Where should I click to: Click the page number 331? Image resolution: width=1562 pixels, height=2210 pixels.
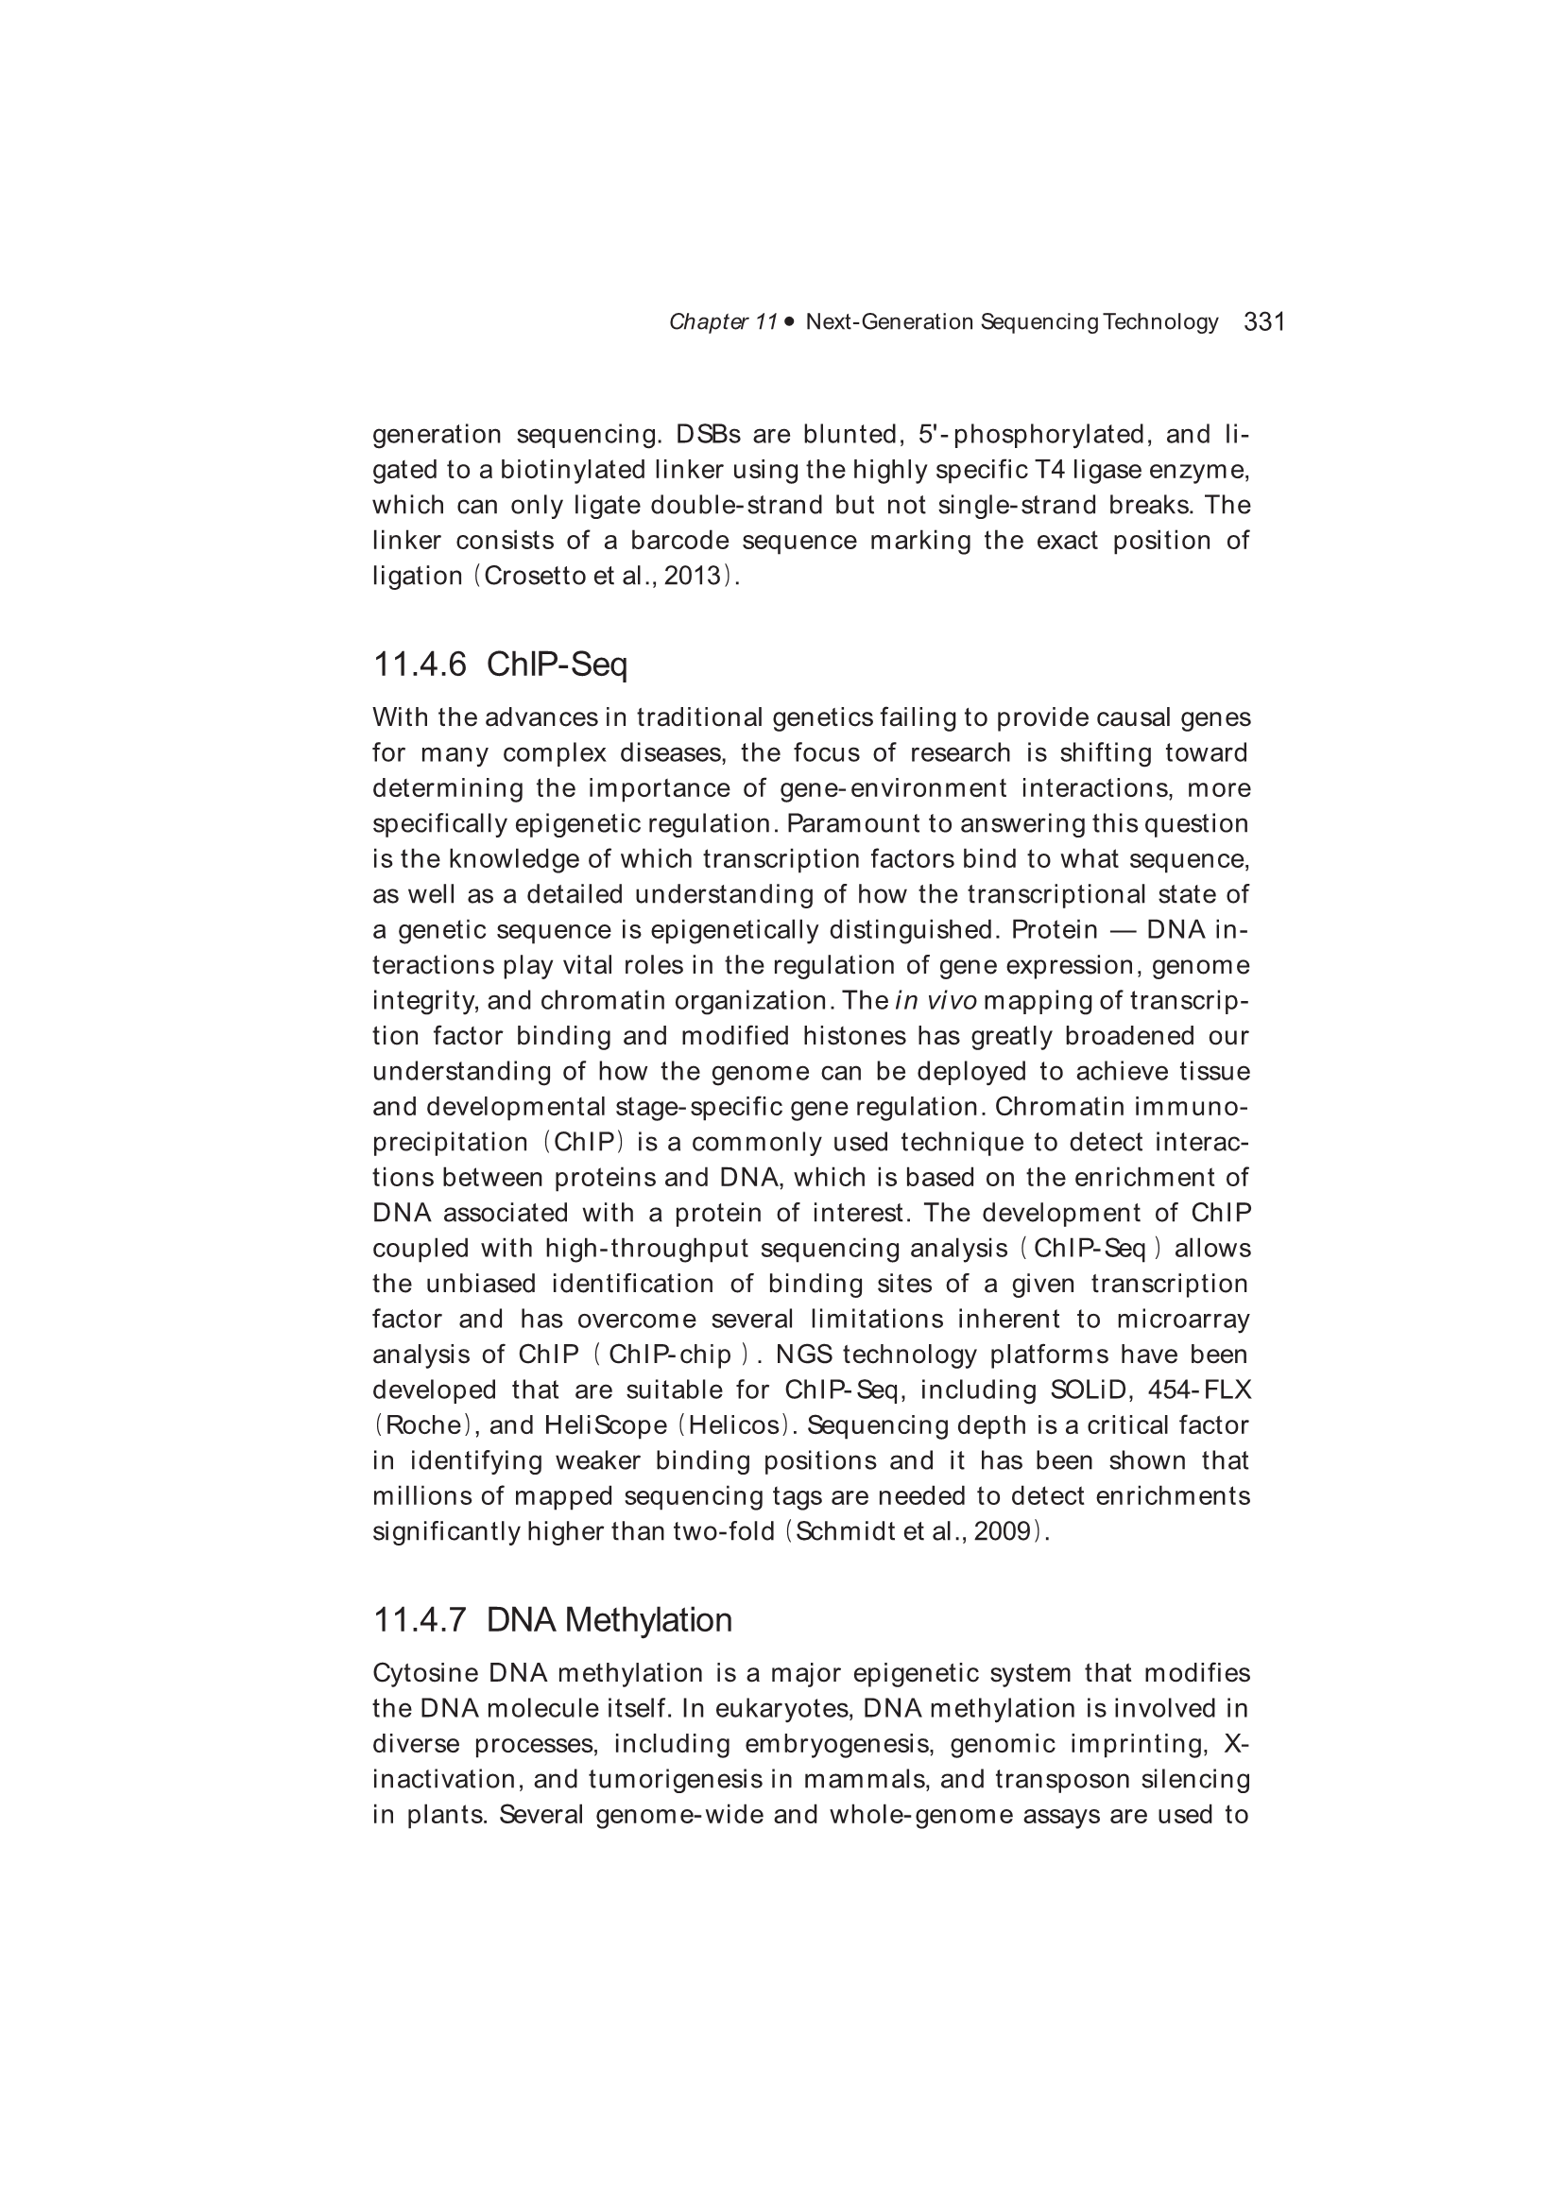click(x=1264, y=321)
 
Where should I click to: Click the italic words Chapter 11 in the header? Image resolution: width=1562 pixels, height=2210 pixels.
click(x=723, y=321)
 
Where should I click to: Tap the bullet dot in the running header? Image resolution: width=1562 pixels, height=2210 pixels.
click(x=789, y=321)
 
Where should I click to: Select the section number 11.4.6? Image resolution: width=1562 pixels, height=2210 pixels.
click(x=420, y=665)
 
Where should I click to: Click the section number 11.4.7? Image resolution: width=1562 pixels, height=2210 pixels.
click(x=420, y=1620)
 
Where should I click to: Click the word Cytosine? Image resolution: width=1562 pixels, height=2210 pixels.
click(x=422, y=1673)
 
